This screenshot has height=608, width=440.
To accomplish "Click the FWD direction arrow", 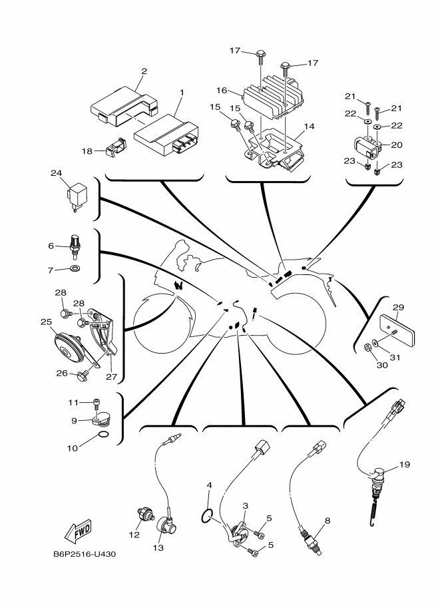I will coord(78,531).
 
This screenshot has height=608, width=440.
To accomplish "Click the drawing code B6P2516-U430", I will coord(84,553).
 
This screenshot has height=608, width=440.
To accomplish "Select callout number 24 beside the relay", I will coord(56,172).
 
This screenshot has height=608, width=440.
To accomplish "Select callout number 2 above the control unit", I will coord(144,71).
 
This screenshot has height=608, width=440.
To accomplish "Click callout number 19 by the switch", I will coord(404,464).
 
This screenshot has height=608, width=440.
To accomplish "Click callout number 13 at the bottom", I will coord(158,548).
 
